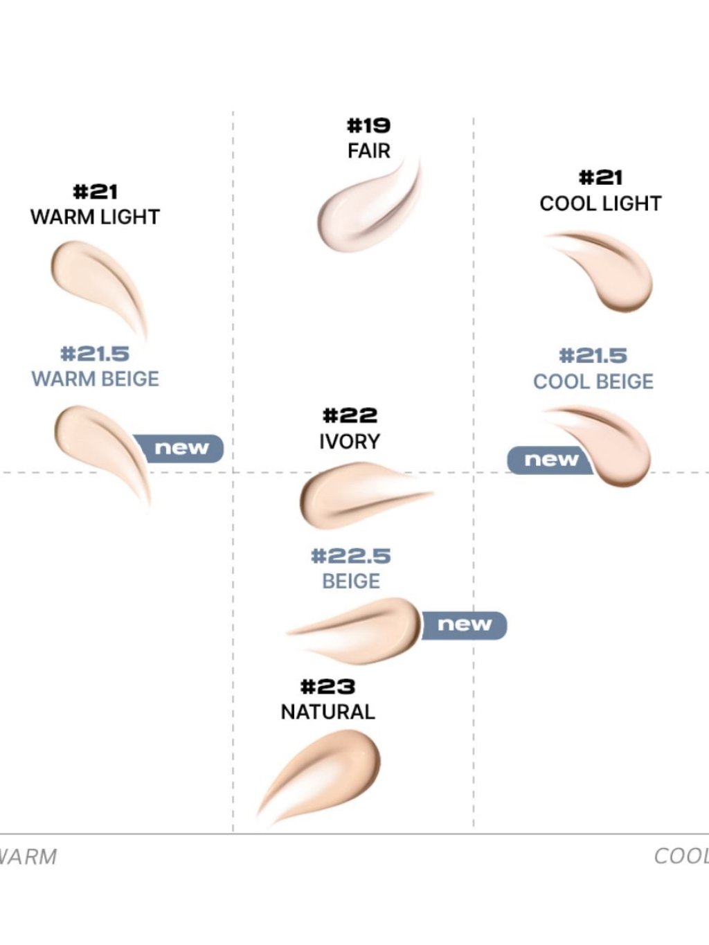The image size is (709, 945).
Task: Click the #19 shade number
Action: click(x=368, y=126)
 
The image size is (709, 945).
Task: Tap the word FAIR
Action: click(x=368, y=150)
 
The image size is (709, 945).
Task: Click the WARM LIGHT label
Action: click(x=95, y=217)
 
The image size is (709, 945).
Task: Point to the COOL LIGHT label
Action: click(x=600, y=204)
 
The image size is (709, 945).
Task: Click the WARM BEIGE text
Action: click(x=95, y=379)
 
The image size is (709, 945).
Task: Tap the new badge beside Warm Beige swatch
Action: click(x=182, y=448)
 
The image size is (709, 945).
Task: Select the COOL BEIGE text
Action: click(x=593, y=381)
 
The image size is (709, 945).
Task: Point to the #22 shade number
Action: click(x=350, y=415)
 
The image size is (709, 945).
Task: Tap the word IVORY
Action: click(x=350, y=441)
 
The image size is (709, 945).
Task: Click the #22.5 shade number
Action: click(x=351, y=556)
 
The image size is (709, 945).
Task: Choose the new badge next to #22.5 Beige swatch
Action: click(x=465, y=625)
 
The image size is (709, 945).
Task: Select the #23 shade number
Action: click(x=327, y=687)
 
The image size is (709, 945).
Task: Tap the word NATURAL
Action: click(x=327, y=712)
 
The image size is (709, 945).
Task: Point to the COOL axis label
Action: click(x=681, y=856)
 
